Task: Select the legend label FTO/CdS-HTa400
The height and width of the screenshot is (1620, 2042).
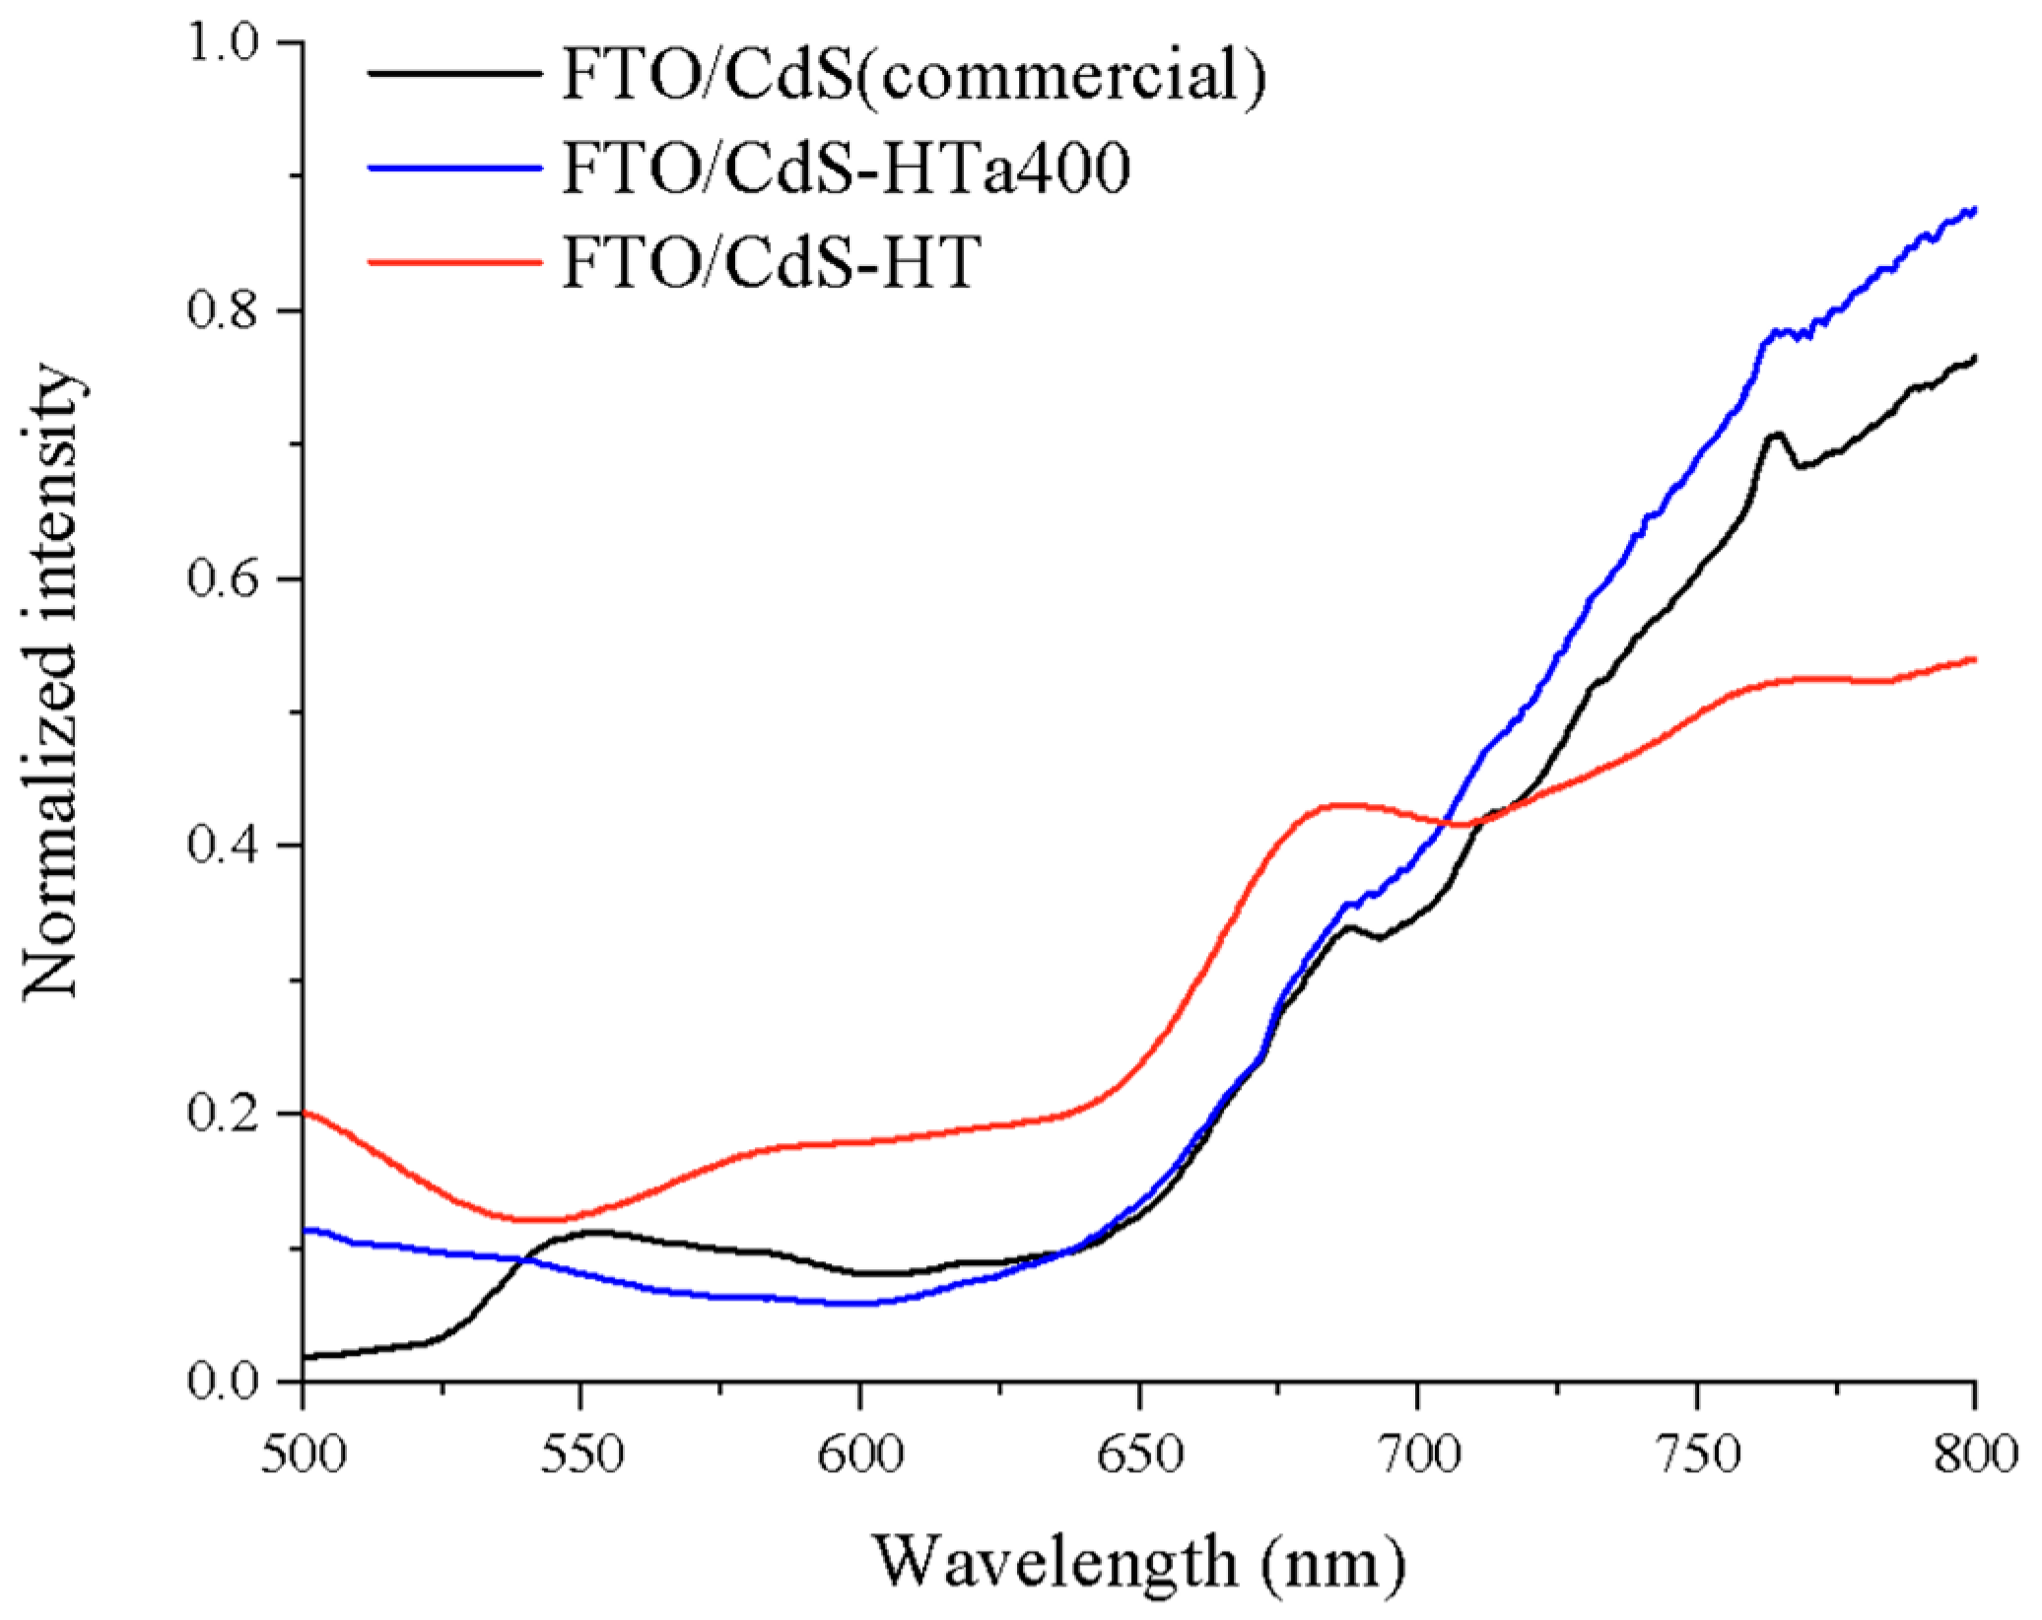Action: pos(846,169)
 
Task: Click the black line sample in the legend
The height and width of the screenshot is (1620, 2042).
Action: pos(455,74)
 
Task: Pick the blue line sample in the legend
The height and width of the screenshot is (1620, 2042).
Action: pos(455,168)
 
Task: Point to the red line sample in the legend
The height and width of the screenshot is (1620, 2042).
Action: pos(455,261)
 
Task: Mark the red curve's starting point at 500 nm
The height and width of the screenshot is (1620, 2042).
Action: pos(305,1114)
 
